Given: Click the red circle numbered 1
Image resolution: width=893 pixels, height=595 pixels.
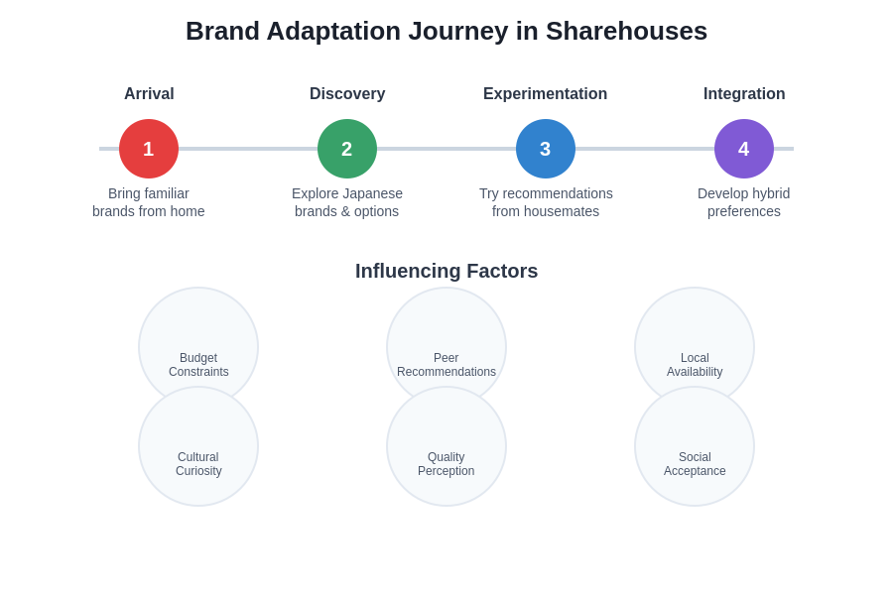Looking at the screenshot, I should coord(149,149).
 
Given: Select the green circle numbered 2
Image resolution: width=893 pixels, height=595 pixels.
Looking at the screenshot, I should coord(347,149).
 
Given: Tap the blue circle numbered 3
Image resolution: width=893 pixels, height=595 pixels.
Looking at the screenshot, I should coord(546,149).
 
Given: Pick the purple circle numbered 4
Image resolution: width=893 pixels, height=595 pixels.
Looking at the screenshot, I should coord(744,149).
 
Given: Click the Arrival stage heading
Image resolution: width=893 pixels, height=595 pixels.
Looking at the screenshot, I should coord(149,94).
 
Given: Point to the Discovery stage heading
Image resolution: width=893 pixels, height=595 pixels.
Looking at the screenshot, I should coord(347,94).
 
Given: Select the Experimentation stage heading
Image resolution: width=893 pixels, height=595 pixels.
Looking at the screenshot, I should coord(545,94).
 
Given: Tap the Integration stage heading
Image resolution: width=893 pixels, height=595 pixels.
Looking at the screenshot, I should coord(744,94).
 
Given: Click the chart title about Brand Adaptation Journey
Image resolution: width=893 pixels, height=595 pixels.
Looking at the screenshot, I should coord(446,31).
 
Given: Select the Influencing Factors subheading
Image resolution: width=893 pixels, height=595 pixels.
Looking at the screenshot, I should coord(446,271).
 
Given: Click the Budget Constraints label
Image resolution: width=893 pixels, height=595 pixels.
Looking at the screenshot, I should coord(198,365).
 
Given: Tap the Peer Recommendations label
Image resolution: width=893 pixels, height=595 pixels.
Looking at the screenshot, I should coord(446,365).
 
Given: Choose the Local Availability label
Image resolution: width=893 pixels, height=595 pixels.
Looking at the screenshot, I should coord(695,365).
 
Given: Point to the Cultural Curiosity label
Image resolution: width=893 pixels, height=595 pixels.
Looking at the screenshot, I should coord(198,464).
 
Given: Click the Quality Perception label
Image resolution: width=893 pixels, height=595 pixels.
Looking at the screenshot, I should coord(446,464).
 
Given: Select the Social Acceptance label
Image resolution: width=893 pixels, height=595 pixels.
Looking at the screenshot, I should coord(695,464).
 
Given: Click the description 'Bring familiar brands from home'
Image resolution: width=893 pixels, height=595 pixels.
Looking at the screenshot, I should coord(149,202).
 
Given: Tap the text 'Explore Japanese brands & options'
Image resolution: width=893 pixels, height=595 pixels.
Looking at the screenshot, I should coord(347,202).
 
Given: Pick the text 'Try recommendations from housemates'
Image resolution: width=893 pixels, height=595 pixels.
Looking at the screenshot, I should coord(546,202).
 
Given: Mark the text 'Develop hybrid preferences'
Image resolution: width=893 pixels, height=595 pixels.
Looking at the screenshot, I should coord(744,202).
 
